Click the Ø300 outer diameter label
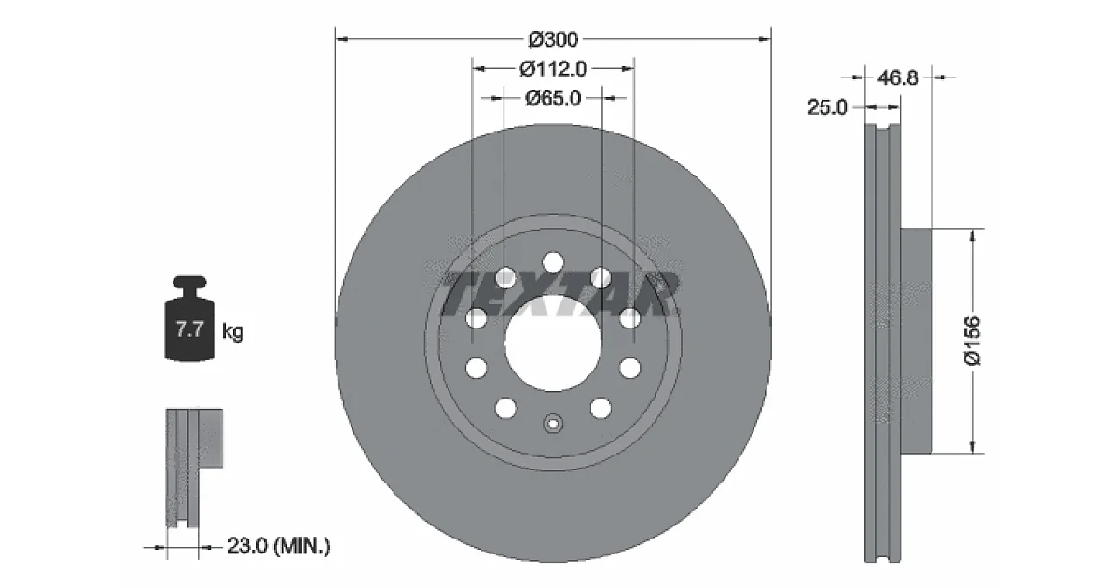553,39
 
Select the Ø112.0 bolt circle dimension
553,68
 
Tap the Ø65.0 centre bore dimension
553,98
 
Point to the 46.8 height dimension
898,78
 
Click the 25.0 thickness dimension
827,107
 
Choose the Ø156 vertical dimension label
973,341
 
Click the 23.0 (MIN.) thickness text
279,545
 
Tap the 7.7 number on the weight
189,329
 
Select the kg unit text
232,331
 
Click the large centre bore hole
553,343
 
